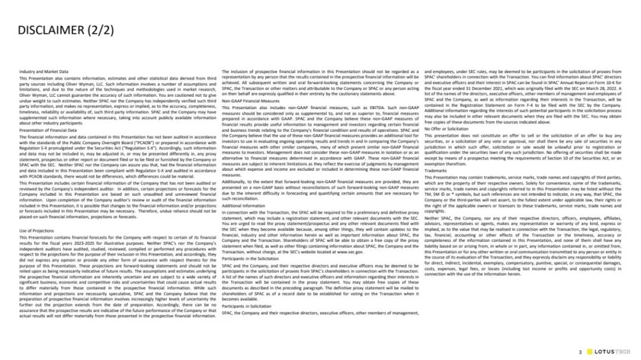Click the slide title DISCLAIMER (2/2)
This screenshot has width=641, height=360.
(x=65, y=30)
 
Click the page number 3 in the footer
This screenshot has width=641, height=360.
(x=580, y=352)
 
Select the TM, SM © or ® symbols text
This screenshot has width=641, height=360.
(x=448, y=193)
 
